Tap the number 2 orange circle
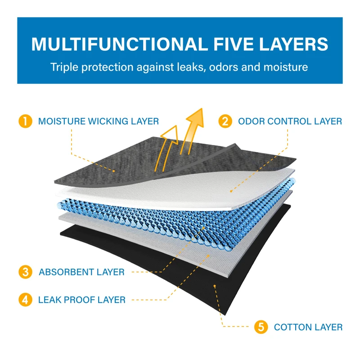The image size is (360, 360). pos(225,121)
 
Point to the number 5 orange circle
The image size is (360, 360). pos(260,327)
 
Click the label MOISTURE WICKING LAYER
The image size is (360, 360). pos(98,121)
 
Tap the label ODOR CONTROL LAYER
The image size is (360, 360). pos(290,121)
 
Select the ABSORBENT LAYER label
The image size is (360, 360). pos(81,272)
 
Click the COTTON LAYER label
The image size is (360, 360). pos(308,327)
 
